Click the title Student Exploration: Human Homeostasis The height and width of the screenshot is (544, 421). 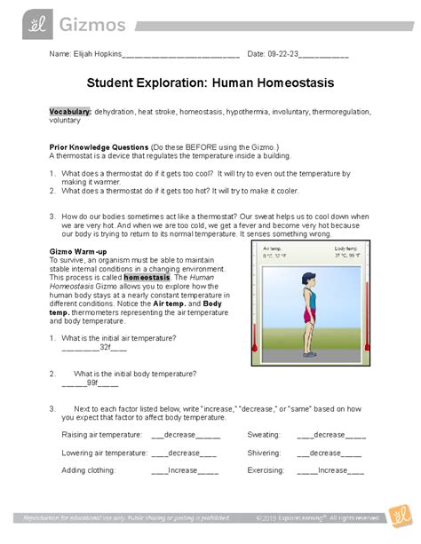[x=210, y=87]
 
